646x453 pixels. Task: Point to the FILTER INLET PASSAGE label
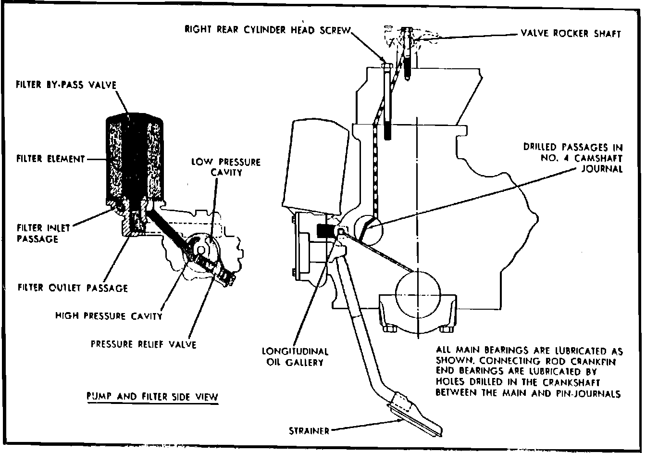point(44,233)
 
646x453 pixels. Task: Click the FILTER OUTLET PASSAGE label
point(73,288)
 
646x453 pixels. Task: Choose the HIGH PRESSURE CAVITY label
point(109,316)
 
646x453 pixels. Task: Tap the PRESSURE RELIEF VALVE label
point(144,344)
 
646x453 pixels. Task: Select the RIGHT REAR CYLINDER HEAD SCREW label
point(268,30)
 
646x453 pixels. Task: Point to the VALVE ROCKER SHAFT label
point(571,34)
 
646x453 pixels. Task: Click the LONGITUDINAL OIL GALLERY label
point(295,357)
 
